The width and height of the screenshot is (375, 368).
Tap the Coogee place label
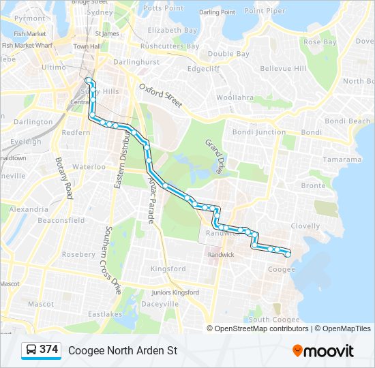[x=281, y=269]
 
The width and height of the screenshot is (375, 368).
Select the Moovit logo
[x=323, y=351]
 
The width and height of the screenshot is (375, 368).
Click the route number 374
[x=48, y=350]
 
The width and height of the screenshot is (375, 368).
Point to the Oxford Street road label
[x=161, y=96]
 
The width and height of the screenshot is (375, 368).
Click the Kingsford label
[x=168, y=269]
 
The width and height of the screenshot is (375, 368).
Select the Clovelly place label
[x=305, y=226]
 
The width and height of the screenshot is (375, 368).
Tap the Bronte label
[x=313, y=185]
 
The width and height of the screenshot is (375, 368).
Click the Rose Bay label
[x=320, y=42]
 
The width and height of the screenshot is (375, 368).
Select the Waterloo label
[x=89, y=166]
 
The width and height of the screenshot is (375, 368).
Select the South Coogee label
[x=273, y=319]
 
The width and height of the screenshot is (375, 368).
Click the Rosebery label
[x=78, y=254]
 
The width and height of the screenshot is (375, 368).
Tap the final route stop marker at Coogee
[x=287, y=253]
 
